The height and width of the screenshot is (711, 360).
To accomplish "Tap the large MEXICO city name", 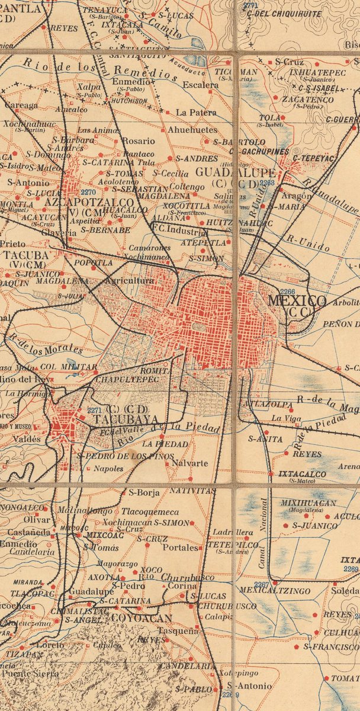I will click(x=297, y=301).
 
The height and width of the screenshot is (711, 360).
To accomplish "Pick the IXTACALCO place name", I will click(x=296, y=475).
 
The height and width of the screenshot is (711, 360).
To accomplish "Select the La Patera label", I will click(x=197, y=112).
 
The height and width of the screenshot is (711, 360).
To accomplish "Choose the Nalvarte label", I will click(x=189, y=463).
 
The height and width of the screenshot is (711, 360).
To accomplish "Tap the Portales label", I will click(x=181, y=547).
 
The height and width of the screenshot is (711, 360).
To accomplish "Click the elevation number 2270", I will click(x=88, y=193).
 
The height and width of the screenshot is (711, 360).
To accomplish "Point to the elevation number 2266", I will click(x=288, y=292).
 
